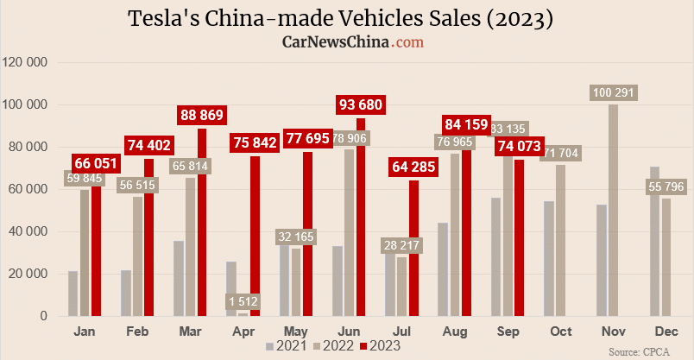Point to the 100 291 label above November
(614, 92)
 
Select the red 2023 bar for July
(413, 250)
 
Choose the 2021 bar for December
(655, 242)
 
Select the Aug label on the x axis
(455, 331)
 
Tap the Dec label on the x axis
(666, 331)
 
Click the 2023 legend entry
(380, 346)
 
